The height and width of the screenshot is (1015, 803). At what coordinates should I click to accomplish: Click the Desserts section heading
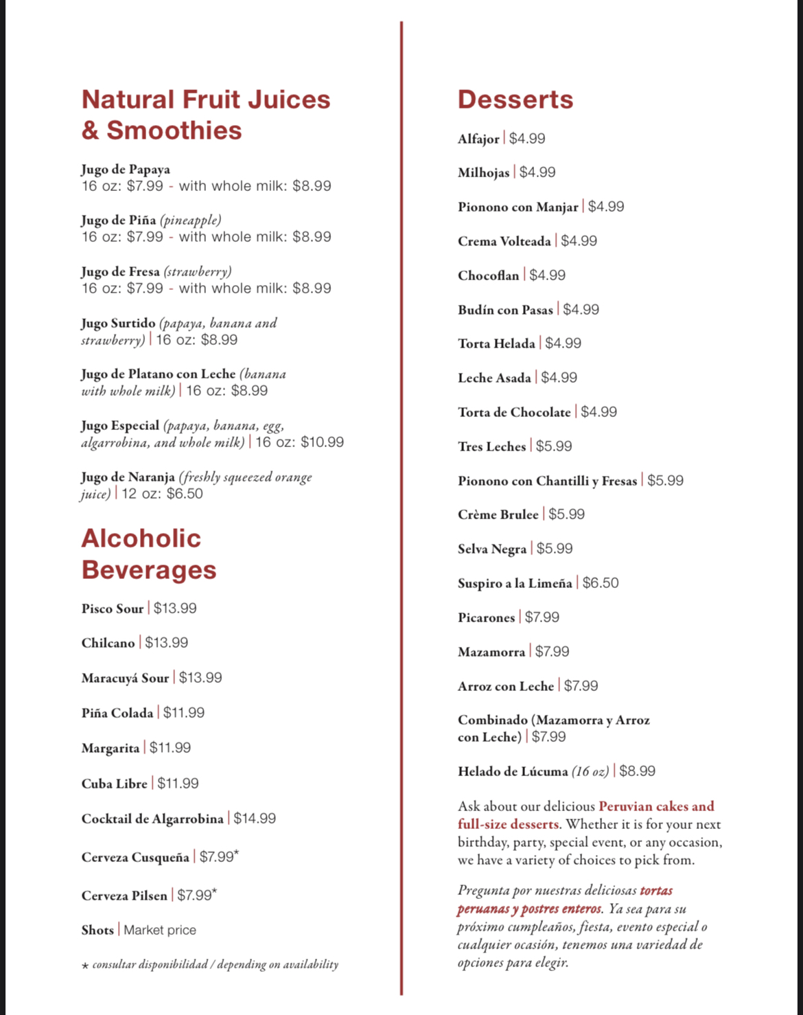[515, 100]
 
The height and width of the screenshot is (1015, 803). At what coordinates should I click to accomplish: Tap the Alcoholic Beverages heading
[148, 554]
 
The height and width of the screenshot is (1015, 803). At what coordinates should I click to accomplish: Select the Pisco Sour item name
[113, 608]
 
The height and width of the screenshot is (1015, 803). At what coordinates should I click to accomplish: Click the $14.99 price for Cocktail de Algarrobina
[255, 819]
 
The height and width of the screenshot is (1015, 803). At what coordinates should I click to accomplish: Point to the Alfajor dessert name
[478, 139]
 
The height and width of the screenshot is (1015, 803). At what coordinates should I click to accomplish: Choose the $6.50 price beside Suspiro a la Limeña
[601, 583]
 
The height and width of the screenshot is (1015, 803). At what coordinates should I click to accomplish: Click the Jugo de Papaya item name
[126, 170]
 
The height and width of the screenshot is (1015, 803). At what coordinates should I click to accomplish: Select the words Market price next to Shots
[160, 930]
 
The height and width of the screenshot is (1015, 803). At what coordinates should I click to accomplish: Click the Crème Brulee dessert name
[498, 514]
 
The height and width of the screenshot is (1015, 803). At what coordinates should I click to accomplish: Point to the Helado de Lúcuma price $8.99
[637, 771]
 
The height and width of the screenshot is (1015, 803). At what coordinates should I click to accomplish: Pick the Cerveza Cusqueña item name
[135, 857]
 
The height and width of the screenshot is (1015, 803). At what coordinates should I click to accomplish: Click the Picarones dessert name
[486, 617]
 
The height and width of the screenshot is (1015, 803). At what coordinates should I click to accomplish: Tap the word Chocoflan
[489, 275]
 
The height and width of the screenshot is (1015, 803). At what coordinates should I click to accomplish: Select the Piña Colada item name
[117, 713]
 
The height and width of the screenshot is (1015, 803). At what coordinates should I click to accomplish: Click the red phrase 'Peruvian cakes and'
[656, 806]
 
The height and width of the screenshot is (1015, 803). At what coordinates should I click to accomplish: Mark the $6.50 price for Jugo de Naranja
[185, 494]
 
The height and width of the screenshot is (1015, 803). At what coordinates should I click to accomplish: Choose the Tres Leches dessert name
[491, 446]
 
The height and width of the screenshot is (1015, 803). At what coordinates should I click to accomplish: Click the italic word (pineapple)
[191, 220]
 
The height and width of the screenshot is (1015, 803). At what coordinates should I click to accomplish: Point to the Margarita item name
[110, 748]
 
